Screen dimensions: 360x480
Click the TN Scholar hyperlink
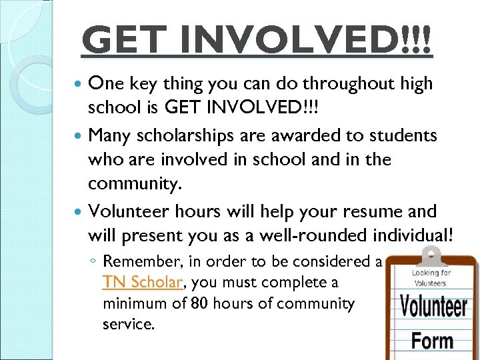(x=142, y=282)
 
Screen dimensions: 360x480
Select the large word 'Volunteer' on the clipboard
(x=433, y=306)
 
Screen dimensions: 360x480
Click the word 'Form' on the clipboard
(x=433, y=341)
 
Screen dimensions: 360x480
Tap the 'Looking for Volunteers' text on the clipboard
(x=430, y=277)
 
